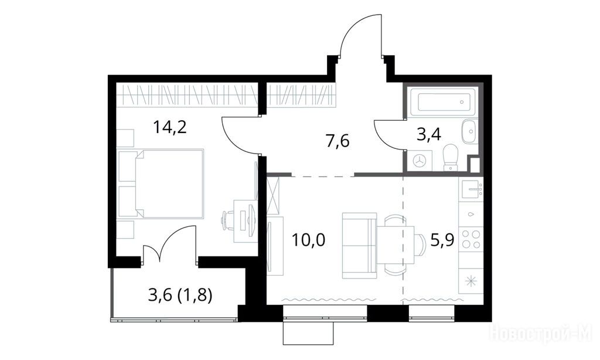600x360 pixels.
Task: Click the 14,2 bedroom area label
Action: pyautogui.click(x=169, y=127)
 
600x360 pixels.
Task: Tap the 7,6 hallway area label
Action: pyautogui.click(x=337, y=141)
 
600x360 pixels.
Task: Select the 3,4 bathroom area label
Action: pyautogui.click(x=428, y=134)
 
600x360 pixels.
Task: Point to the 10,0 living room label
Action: pyautogui.click(x=308, y=240)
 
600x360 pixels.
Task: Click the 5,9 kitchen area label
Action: pyautogui.click(x=442, y=240)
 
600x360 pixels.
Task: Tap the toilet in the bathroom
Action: pyautogui.click(x=451, y=157)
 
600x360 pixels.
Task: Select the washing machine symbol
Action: pyautogui.click(x=420, y=161)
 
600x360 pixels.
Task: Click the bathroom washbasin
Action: pyautogui.click(x=469, y=131)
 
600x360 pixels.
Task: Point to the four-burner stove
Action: pyautogui.click(x=471, y=239)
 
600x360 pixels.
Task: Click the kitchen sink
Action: pyautogui.click(x=472, y=188)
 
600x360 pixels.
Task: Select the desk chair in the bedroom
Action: pyautogui.click(x=228, y=220)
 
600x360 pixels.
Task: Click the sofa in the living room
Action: pyautogui.click(x=359, y=246)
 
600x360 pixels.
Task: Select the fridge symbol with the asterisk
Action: pyautogui.click(x=471, y=281)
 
